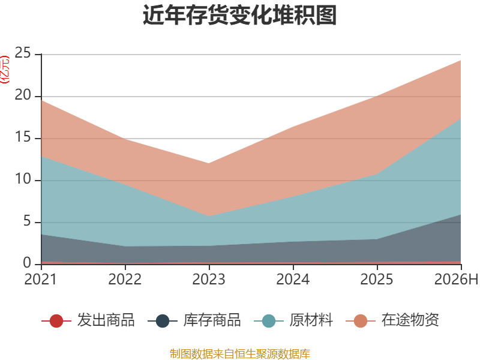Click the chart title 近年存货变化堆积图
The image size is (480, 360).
click(240, 14)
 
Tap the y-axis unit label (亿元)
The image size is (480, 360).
click(5, 70)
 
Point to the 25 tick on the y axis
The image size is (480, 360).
click(23, 53)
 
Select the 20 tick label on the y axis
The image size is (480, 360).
click(23, 95)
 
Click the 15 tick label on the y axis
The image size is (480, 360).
click(23, 137)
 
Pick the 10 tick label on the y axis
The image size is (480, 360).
click(23, 179)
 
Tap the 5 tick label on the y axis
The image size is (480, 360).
click(27, 221)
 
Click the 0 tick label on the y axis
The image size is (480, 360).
click(27, 263)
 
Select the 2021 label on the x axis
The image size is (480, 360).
click(41, 279)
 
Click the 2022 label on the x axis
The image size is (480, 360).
click(125, 279)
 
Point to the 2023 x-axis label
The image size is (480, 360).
click(209, 279)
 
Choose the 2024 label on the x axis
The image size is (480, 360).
click(293, 279)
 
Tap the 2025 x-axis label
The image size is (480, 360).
click(377, 279)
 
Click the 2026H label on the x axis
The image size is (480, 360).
click(457, 279)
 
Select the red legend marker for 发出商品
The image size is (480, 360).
click(56, 321)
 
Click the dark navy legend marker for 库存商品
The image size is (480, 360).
click(162, 321)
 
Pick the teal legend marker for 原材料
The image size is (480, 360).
click(269, 321)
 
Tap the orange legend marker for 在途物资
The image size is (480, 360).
click(361, 321)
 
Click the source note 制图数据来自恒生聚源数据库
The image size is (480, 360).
click(240, 354)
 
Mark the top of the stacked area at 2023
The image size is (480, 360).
click(209, 163)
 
